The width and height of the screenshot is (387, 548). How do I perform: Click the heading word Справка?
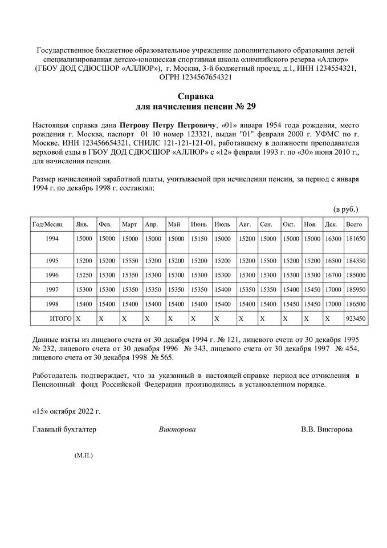(x=194, y=96)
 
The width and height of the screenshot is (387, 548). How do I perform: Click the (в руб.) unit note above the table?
(x=345, y=209)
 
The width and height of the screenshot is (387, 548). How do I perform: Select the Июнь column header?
(x=199, y=224)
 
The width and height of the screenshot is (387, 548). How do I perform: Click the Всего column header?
(x=355, y=224)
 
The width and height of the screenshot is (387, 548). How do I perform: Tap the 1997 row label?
(x=52, y=289)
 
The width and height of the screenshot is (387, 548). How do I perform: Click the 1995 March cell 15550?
(x=130, y=260)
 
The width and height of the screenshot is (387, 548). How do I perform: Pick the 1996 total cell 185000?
(x=355, y=275)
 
